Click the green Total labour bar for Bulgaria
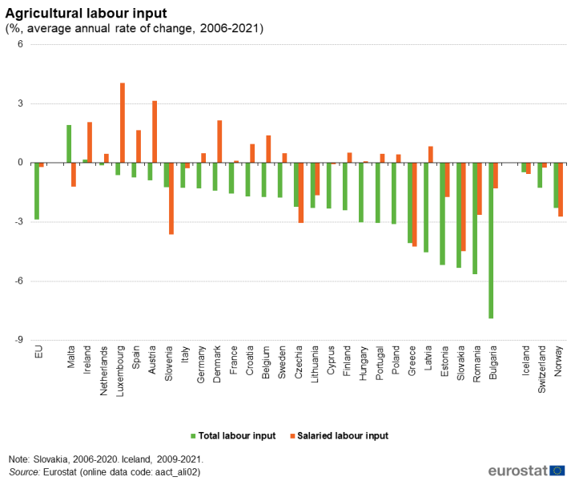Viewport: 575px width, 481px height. tap(491, 240)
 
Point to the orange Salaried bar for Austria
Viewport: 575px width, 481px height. tap(155, 131)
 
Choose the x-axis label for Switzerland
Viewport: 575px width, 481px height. tap(542, 368)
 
